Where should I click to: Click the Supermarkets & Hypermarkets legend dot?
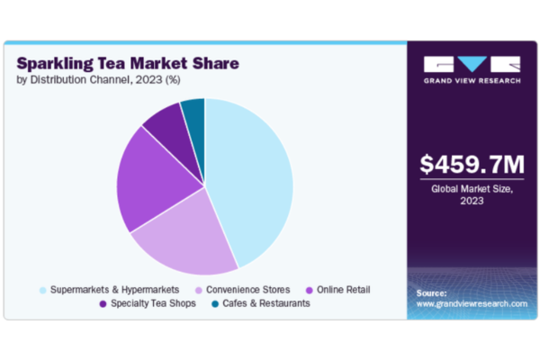click(x=42, y=290)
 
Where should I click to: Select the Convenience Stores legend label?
click(x=248, y=290)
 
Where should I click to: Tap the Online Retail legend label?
click(x=343, y=290)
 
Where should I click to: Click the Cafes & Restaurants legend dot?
click(x=219, y=303)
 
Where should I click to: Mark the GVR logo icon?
click(x=472, y=65)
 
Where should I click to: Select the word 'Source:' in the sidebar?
click(x=433, y=293)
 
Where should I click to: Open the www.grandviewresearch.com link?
click(x=472, y=304)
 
